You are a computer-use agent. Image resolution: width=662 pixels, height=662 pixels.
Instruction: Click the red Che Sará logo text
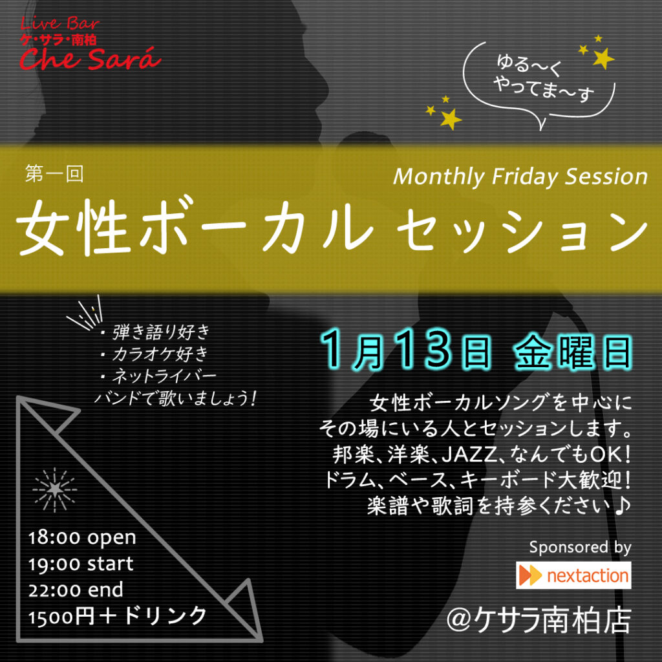pyautogui.click(x=90, y=58)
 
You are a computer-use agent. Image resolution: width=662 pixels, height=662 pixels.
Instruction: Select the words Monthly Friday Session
pyautogui.click(x=520, y=177)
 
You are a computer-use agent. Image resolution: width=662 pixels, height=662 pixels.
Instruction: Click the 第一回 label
pyautogui.click(x=54, y=173)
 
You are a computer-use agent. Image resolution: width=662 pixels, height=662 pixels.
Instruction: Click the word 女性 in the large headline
pyautogui.click(x=72, y=227)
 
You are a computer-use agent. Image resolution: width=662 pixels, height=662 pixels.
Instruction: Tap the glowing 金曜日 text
pyautogui.click(x=573, y=352)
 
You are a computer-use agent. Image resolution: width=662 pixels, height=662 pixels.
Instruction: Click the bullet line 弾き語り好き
pyautogui.click(x=155, y=332)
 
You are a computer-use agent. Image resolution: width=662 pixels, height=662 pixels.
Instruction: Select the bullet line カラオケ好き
pyautogui.click(x=155, y=354)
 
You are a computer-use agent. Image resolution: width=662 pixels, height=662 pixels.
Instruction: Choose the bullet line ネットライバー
pyautogui.click(x=158, y=376)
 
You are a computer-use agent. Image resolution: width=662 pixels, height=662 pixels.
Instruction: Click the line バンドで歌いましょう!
pyautogui.click(x=175, y=398)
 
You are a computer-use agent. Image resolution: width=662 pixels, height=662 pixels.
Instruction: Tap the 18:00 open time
pyautogui.click(x=82, y=538)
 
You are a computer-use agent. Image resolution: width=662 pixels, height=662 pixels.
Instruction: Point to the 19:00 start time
pyautogui.click(x=81, y=564)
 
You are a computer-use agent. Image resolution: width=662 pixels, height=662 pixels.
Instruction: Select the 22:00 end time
pyautogui.click(x=76, y=590)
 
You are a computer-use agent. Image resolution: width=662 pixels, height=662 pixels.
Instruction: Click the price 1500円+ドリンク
pyautogui.click(x=118, y=616)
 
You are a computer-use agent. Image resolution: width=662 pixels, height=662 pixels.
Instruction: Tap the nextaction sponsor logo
pyautogui.click(x=573, y=575)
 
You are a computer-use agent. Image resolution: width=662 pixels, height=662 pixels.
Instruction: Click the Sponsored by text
pyautogui.click(x=580, y=548)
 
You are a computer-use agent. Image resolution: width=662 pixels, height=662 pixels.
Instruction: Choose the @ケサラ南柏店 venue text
pyautogui.click(x=539, y=621)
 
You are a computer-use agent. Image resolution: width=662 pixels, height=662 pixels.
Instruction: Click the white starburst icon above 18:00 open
pyautogui.click(x=55, y=490)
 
